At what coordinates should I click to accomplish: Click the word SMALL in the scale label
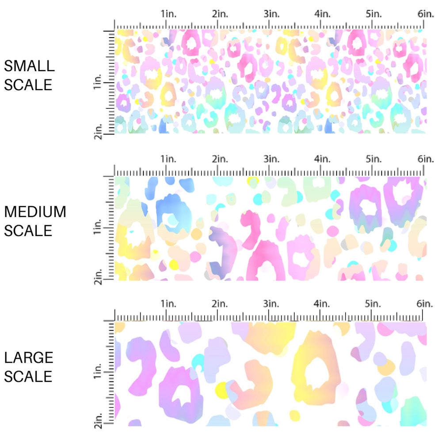[x=29, y=66]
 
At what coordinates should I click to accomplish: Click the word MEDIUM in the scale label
[x=35, y=212]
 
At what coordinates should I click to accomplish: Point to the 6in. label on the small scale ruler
[x=426, y=14]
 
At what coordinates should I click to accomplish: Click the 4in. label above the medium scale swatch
[x=323, y=159]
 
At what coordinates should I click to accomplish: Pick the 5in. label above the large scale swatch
[x=374, y=304]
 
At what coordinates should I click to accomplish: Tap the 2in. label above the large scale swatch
[x=219, y=304]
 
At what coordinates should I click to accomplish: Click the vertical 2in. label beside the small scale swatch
[x=98, y=131]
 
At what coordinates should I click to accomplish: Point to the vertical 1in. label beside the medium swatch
[x=98, y=229]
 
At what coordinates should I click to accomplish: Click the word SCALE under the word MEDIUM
[x=28, y=231]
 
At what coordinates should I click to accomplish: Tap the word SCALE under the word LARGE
[x=28, y=377]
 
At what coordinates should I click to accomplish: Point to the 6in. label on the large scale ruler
[x=426, y=304]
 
